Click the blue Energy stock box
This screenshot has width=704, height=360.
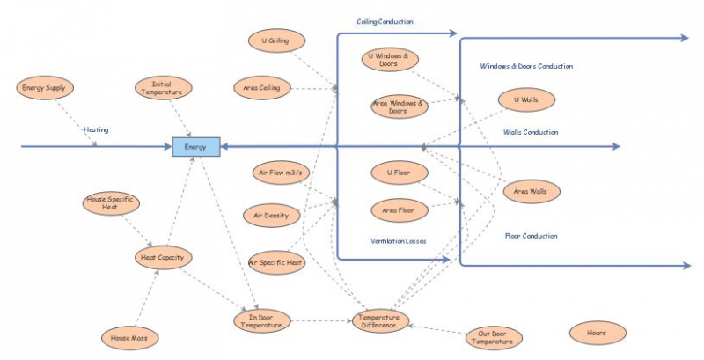(x=196, y=147)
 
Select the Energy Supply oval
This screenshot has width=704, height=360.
(x=45, y=88)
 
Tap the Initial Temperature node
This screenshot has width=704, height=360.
(x=164, y=88)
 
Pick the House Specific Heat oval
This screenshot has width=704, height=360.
(x=111, y=203)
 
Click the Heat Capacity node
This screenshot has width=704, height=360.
(x=164, y=258)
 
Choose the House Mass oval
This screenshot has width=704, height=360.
(x=129, y=338)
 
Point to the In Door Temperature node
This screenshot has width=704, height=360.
(x=262, y=321)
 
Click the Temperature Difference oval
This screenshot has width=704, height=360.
(x=381, y=321)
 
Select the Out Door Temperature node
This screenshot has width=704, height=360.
(x=494, y=338)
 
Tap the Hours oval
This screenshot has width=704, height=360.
(x=598, y=333)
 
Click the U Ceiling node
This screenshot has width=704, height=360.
(x=276, y=40)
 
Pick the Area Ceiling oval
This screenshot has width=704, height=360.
(x=262, y=88)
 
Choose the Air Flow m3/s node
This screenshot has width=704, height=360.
(x=281, y=173)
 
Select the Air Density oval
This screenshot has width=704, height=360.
(x=272, y=216)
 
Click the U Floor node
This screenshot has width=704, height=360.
(x=400, y=173)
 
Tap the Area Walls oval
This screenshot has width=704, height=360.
(x=532, y=192)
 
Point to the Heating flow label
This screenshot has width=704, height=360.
(x=96, y=129)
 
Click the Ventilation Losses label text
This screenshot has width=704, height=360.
(x=399, y=241)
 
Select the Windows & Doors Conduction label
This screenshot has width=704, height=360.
(x=526, y=66)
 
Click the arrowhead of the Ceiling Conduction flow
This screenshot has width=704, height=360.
(x=453, y=33)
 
